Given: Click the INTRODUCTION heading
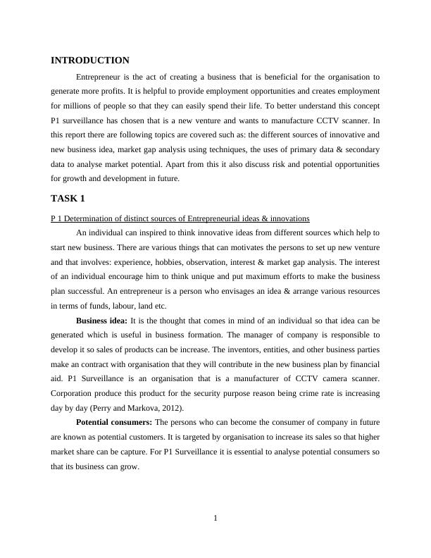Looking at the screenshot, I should [x=90, y=61].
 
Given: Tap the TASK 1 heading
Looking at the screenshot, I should [x=68, y=198].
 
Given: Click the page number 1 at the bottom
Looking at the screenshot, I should [x=216, y=519].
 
